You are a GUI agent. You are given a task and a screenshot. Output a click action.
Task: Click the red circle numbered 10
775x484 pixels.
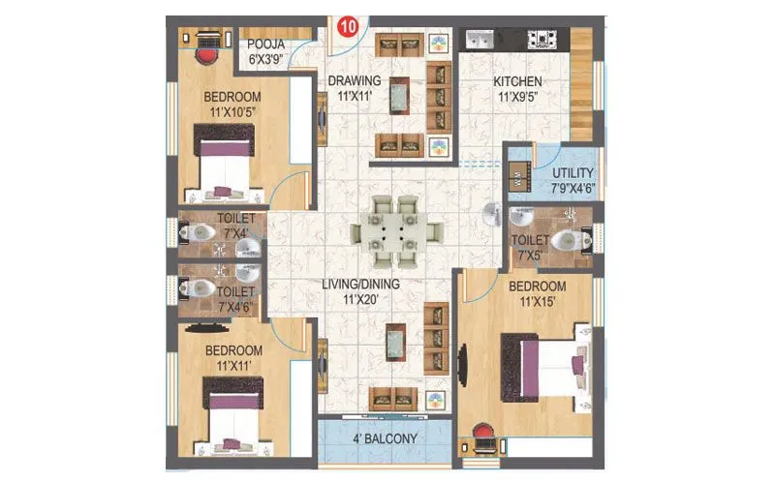(x=345, y=24)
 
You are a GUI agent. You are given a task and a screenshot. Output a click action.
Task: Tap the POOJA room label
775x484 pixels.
(x=265, y=52)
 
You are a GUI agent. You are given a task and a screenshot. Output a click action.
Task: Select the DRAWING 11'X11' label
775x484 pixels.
(x=354, y=88)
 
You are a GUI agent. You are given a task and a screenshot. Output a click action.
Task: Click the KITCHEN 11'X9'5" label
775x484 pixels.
(x=517, y=89)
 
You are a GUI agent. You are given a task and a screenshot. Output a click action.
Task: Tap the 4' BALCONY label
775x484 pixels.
(x=386, y=439)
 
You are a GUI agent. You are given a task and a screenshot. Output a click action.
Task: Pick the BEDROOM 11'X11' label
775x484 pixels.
(x=233, y=357)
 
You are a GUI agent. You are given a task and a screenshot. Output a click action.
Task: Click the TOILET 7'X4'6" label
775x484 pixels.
(x=236, y=299)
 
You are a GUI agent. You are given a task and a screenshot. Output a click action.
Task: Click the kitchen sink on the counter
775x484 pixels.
(x=481, y=40)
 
